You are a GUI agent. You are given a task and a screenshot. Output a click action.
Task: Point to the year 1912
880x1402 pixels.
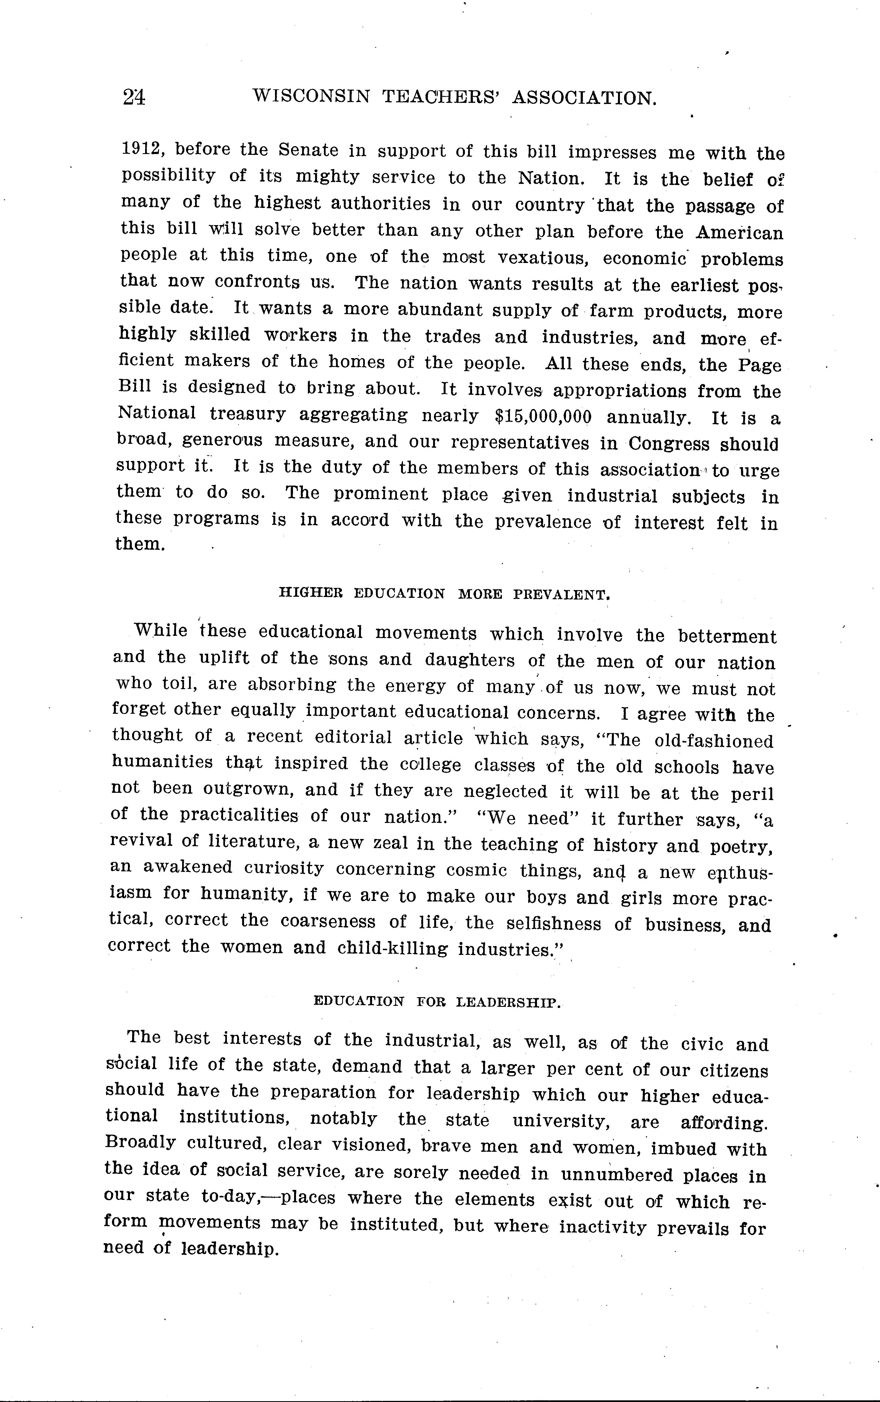click(x=143, y=149)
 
